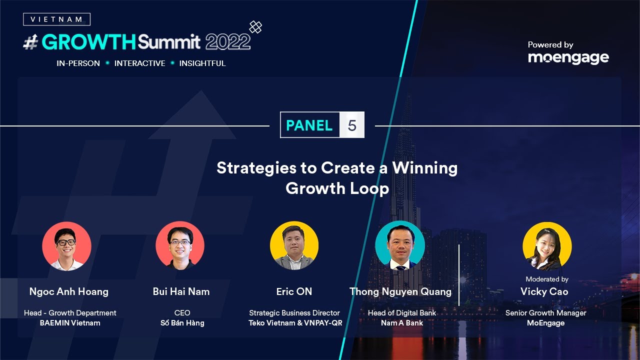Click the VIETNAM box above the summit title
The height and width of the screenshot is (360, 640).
56,19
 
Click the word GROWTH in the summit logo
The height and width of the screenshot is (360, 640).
89,42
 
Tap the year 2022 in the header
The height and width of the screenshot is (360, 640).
227,42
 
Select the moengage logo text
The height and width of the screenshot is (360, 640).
568,58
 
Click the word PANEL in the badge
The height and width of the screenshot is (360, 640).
309,125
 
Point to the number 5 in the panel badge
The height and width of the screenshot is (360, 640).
352,125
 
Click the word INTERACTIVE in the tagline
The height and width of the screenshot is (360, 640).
139,63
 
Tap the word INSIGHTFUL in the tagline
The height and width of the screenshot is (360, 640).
202,63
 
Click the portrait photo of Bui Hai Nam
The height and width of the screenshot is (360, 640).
180,245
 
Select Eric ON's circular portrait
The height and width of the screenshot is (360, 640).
294,245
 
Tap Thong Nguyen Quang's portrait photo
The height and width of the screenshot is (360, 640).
400,245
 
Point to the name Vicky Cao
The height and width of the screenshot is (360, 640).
544,291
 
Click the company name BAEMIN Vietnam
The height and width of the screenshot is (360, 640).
70,323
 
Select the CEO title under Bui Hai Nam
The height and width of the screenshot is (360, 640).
182,313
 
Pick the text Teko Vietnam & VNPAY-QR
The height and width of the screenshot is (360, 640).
295,323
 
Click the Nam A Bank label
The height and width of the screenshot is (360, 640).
402,323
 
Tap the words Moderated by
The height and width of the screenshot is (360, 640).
547,279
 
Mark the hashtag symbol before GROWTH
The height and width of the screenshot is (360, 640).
31,42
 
